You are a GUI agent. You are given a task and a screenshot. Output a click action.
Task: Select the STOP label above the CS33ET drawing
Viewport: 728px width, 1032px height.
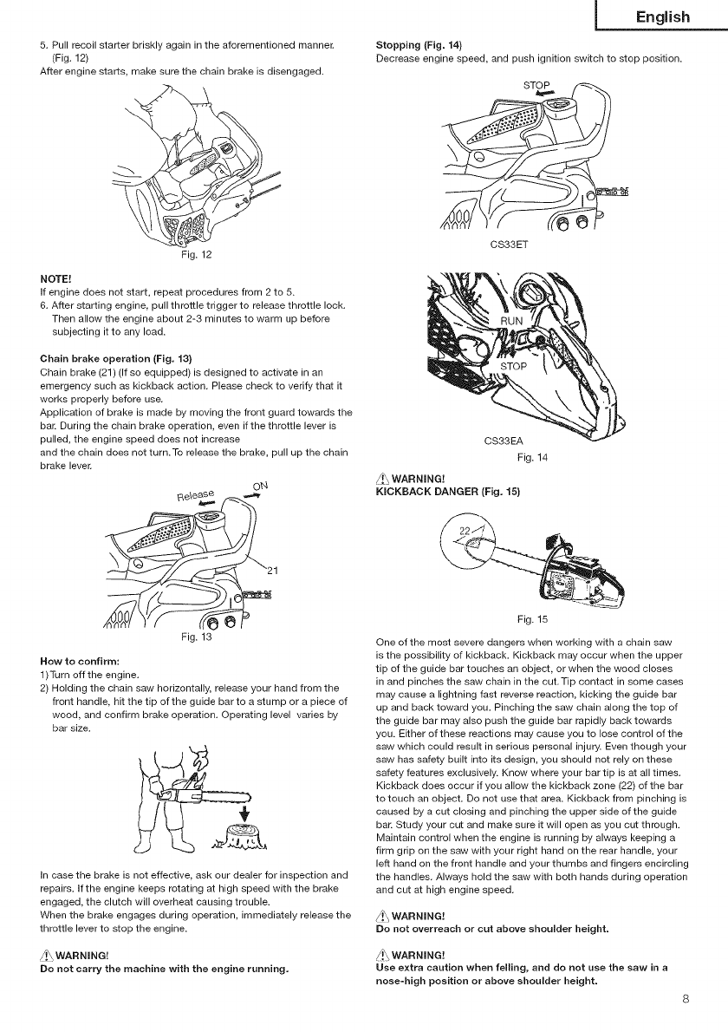(538, 86)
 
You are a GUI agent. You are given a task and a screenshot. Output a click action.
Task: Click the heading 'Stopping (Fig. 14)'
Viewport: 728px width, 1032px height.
(419, 44)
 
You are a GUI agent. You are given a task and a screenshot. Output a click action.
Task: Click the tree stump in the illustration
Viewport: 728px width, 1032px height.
(237, 839)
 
